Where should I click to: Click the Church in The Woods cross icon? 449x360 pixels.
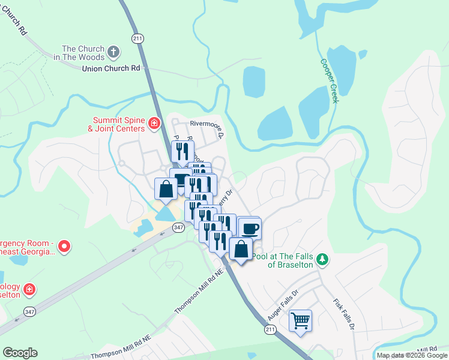(113, 53)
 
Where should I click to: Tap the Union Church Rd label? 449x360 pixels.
(110, 68)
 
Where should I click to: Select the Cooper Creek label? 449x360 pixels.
(330, 80)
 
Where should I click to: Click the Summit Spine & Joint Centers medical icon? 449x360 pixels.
(154, 124)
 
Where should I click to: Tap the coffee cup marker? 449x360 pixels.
(250, 229)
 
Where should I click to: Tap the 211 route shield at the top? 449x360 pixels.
(137, 38)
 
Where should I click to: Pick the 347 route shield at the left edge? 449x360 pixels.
(29, 311)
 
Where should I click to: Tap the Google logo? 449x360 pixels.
(20, 353)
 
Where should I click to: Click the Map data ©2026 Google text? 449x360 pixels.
(411, 355)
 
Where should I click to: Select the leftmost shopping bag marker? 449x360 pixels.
(166, 188)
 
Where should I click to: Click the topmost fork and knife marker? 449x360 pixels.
(182, 151)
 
